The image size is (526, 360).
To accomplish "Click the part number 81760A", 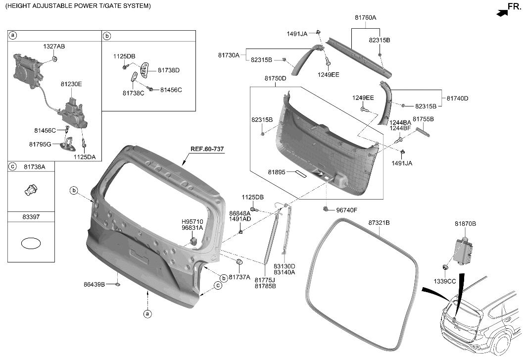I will tap(365, 17).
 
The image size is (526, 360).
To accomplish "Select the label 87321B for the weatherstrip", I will tap(379, 223).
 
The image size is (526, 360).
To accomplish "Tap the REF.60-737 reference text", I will tap(206, 149).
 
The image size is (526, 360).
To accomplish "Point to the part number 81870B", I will tap(465, 224).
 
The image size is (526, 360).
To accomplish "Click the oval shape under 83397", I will tap(31, 244).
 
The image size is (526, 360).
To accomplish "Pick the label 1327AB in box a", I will tap(54, 46).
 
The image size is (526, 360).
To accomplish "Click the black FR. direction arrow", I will tap(502, 14).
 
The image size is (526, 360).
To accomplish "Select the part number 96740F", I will tap(346, 210).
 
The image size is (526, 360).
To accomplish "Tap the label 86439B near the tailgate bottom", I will tap(94, 285).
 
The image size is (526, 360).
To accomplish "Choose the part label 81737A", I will tap(239, 277).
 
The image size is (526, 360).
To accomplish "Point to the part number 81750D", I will tap(275, 79).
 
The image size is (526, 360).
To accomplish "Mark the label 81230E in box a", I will tap(71, 84).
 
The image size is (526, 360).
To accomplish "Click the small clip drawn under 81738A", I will tap(31, 190).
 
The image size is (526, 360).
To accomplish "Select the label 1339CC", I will tap(445, 281).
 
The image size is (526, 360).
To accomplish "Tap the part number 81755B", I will tap(423, 119).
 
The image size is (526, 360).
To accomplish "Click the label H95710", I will tap(192, 221).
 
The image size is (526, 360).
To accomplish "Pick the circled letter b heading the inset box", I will tap(107, 36).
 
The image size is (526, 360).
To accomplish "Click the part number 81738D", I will tap(169, 70).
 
